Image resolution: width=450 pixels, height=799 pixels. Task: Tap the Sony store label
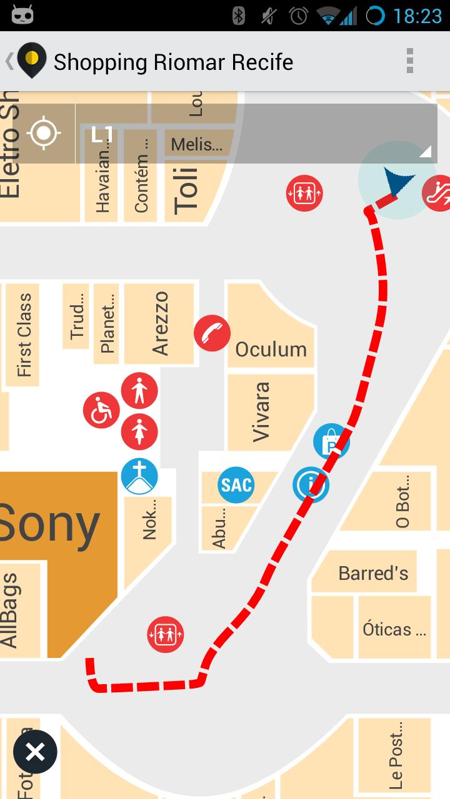50,524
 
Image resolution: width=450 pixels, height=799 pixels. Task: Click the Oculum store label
271,349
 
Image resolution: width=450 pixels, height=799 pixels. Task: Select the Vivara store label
261,412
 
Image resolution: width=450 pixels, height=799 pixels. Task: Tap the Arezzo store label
160,323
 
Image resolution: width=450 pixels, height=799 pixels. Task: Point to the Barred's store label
373,573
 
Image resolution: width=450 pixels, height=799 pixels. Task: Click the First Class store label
24,336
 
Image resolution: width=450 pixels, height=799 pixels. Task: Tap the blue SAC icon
236,484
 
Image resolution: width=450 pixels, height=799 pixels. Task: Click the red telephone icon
212,333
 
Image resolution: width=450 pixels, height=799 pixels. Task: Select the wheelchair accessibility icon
101,411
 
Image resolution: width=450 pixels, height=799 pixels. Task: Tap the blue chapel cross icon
139,476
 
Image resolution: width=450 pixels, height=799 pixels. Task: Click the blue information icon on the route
311,484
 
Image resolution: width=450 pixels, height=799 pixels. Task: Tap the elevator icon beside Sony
166,635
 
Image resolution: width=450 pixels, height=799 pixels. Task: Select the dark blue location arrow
398,182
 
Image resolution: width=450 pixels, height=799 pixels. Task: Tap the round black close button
35,752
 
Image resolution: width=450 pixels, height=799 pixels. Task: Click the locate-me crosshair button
44,133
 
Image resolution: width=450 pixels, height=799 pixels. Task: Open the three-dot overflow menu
409,61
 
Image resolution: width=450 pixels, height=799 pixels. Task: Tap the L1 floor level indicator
102,134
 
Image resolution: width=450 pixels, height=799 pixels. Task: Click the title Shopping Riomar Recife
173,62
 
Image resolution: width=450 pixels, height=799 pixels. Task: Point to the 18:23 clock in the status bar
417,16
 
